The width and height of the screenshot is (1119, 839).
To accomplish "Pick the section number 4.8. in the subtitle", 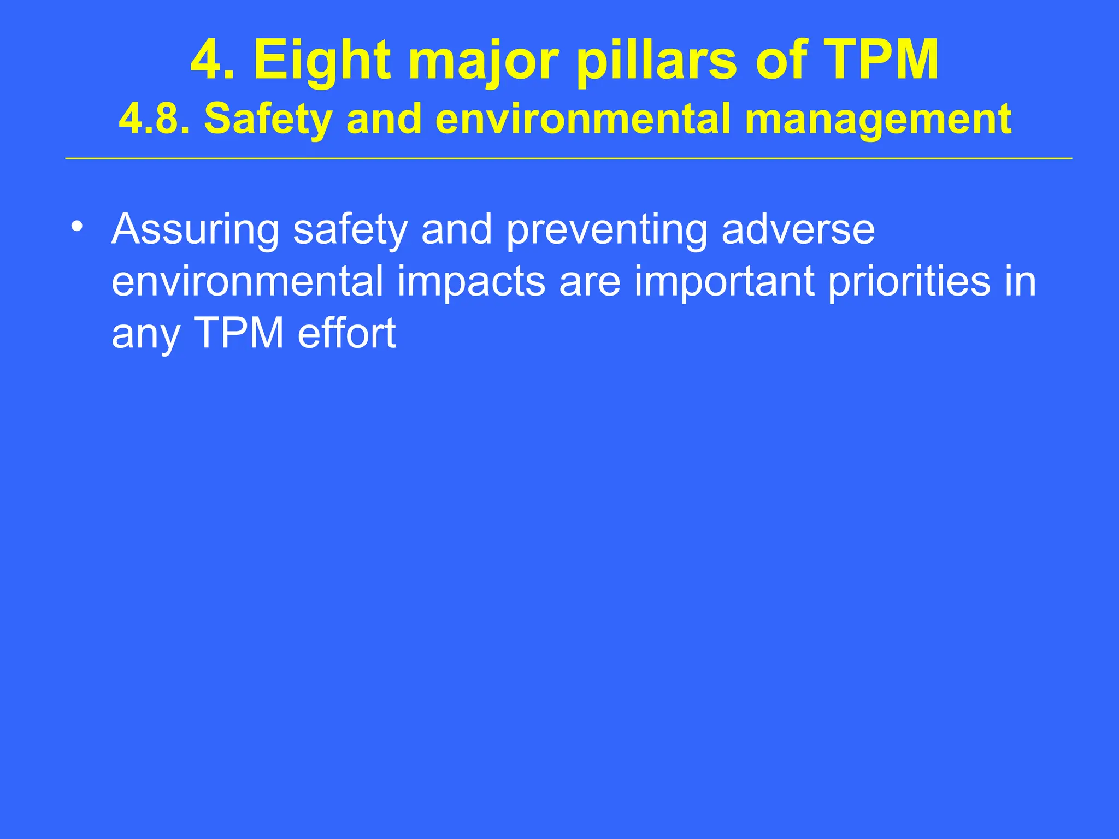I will coord(155,119).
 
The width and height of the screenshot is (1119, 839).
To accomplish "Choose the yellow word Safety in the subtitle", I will coord(268,119).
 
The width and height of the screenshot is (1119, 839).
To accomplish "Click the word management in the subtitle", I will coord(877,119).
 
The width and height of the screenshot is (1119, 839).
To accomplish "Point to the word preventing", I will coord(606,229).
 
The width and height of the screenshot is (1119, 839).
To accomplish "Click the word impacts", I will coord(470,282).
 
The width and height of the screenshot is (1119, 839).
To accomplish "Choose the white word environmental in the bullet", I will coord(248,282).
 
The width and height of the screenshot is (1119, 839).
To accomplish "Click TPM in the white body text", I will coord(239,333).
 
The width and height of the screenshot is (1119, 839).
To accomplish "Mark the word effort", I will coord(346,333).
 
